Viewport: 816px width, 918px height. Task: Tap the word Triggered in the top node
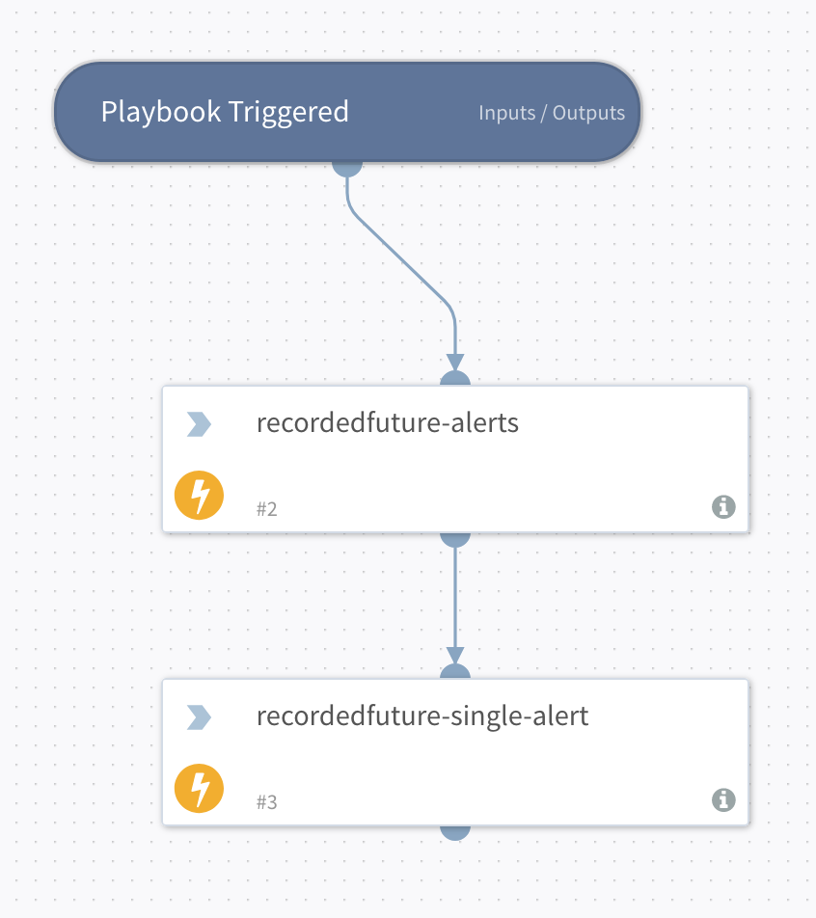tap(287, 113)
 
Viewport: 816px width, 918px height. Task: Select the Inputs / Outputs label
tap(552, 113)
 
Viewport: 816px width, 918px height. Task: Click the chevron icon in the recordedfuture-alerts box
tap(199, 424)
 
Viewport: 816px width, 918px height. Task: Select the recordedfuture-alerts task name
tap(388, 423)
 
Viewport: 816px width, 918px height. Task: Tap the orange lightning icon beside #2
tap(199, 496)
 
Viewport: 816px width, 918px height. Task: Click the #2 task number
tap(267, 508)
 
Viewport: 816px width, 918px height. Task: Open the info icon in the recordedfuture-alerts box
tap(723, 506)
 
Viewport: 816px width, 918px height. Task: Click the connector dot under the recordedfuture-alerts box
tap(455, 538)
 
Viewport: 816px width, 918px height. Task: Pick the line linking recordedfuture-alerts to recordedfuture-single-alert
tap(455, 598)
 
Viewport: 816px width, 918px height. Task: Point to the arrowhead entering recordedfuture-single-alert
tap(455, 656)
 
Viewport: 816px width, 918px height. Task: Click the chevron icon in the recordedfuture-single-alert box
tap(199, 717)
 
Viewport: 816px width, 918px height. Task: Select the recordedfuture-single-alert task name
tap(422, 716)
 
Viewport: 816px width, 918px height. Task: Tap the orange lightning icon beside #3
tap(199, 789)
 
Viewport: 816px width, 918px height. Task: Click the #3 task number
tap(267, 801)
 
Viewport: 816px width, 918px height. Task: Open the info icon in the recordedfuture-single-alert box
tap(723, 799)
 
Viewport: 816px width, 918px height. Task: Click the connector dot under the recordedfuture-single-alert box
tap(455, 831)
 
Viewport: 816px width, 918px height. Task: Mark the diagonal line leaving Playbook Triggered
tap(400, 260)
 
